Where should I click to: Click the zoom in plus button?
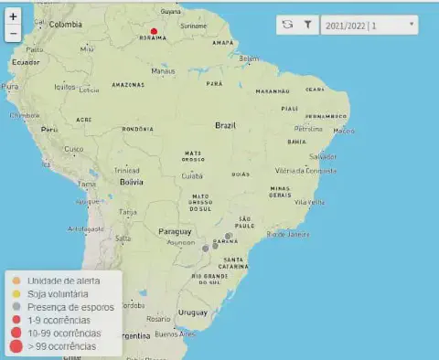(x=13, y=16)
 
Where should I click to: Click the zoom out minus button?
(x=13, y=33)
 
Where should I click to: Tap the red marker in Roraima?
(x=154, y=31)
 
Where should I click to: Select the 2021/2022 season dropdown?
(x=369, y=25)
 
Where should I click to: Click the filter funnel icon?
(x=308, y=25)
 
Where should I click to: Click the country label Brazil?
(x=226, y=125)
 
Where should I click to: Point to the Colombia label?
(x=65, y=25)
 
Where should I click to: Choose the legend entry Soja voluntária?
(x=58, y=294)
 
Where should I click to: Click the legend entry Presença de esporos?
(x=70, y=307)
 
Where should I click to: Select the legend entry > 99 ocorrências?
(x=62, y=346)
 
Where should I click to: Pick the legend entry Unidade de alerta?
(x=62, y=281)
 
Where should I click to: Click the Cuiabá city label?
(x=192, y=175)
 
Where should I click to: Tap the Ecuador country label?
(x=25, y=62)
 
